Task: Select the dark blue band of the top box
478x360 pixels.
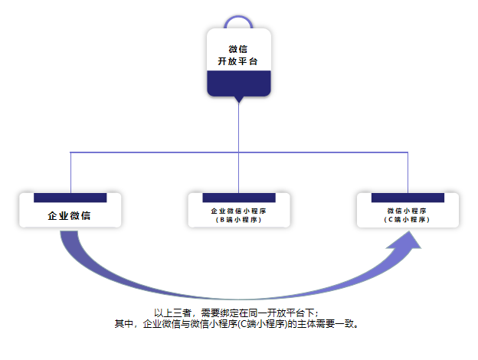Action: click(x=239, y=83)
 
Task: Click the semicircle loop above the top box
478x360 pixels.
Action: click(x=239, y=19)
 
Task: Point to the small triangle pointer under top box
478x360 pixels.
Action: click(x=239, y=100)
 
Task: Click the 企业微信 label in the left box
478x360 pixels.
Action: click(x=69, y=216)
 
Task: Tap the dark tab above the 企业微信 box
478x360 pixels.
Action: click(x=70, y=198)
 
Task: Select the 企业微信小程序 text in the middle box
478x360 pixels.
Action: click(x=239, y=211)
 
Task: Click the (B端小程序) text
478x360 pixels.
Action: click(x=239, y=220)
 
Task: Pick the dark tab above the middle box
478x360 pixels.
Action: click(x=239, y=198)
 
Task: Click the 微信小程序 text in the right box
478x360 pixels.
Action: click(x=408, y=211)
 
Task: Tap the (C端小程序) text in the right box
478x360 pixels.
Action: click(x=408, y=220)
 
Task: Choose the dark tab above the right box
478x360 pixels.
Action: click(x=408, y=198)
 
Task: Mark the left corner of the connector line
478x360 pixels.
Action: click(x=70, y=152)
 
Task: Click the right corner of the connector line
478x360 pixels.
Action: click(x=408, y=152)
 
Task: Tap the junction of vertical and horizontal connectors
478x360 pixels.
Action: click(x=239, y=152)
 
